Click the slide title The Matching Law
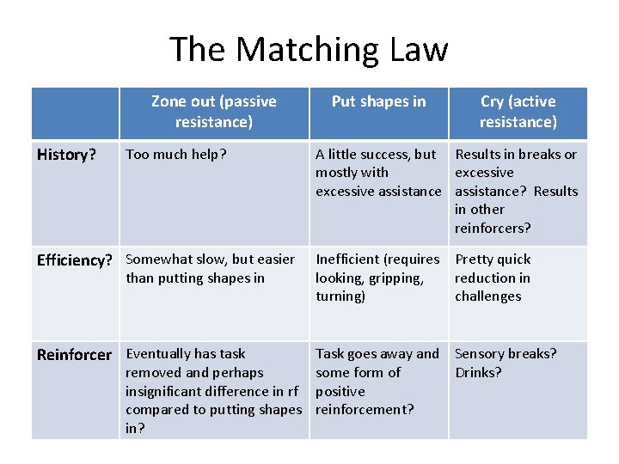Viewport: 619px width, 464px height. pyautogui.click(x=309, y=49)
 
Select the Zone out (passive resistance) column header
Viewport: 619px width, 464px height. pyautogui.click(x=213, y=112)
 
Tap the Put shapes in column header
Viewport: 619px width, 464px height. pyautogui.click(x=378, y=101)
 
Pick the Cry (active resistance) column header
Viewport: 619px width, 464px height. pyautogui.click(x=518, y=112)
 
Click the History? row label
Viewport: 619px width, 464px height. pyautogui.click(x=66, y=155)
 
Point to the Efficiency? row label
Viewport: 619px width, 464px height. pyautogui.click(x=74, y=259)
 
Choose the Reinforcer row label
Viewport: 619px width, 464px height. pyautogui.click(x=74, y=354)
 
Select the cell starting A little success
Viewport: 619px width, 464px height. pyautogui.click(x=377, y=173)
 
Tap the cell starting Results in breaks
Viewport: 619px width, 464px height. pyautogui.click(x=516, y=191)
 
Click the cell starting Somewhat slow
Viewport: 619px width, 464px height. pyautogui.click(x=211, y=268)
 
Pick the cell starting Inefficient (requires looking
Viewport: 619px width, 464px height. pyautogui.click(x=377, y=278)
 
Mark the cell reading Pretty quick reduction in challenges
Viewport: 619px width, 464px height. pyautogui.click(x=493, y=278)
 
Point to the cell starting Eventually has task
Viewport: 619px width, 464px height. pyautogui.click(x=213, y=390)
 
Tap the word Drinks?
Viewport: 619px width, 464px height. pyautogui.click(x=478, y=372)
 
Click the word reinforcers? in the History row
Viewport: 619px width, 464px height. pyautogui.click(x=493, y=228)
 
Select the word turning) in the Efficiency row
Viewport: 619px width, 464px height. pyautogui.click(x=340, y=296)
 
